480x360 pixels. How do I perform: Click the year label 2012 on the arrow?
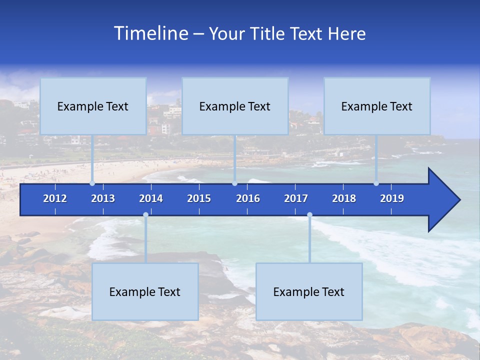click(x=55, y=198)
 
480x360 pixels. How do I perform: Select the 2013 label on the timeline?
click(x=103, y=198)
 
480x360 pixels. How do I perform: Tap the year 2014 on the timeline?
click(x=151, y=198)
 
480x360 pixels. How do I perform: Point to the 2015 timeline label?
click(x=199, y=198)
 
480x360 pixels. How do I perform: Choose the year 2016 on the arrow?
click(x=248, y=198)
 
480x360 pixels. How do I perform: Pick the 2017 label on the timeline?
click(x=296, y=198)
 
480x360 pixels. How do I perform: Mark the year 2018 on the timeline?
click(x=344, y=198)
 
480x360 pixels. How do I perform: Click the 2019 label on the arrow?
click(x=392, y=198)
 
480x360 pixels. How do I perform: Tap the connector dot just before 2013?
click(x=92, y=183)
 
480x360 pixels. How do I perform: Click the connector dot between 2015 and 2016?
click(x=234, y=183)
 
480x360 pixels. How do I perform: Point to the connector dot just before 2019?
click(x=376, y=183)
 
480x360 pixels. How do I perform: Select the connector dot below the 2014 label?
click(x=145, y=215)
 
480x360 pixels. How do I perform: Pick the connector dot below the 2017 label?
click(x=309, y=215)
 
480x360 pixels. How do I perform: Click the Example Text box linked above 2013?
click(x=93, y=106)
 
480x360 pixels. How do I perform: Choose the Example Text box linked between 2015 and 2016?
click(x=235, y=106)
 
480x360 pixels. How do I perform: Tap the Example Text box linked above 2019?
click(x=377, y=106)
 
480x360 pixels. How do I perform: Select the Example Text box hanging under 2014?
click(x=145, y=291)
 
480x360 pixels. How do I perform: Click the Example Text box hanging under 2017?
click(x=309, y=291)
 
